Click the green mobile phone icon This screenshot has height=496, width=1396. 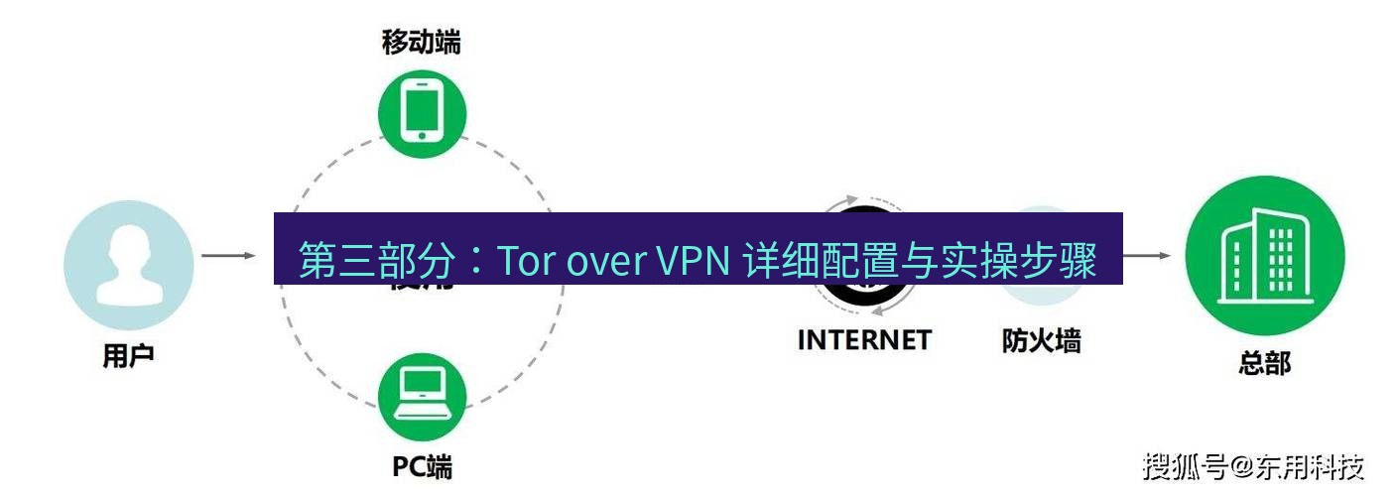(422, 111)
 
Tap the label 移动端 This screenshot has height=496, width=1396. (422, 42)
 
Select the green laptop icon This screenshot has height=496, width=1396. (422, 397)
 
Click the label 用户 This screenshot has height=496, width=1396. (128, 355)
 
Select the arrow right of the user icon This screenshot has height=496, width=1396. (228, 256)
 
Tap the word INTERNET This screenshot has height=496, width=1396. (864, 340)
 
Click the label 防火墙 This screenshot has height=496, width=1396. (1041, 340)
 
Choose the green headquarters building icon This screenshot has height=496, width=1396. (1264, 255)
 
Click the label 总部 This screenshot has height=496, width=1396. (1264, 362)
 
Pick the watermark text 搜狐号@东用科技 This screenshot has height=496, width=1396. (1253, 466)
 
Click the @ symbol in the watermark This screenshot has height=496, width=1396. (1242, 466)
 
